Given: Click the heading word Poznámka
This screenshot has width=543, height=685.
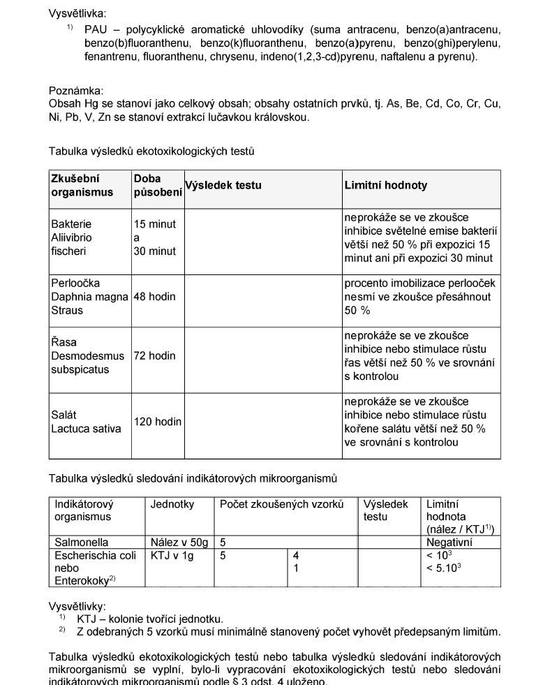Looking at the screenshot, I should [x=76, y=91].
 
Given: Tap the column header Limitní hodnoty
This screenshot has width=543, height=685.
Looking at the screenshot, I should [x=385, y=186].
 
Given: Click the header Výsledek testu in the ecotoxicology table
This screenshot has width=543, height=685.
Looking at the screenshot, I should [x=223, y=186].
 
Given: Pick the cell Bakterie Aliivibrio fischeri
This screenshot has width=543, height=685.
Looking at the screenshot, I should [x=71, y=237].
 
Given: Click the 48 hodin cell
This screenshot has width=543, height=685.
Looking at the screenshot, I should [x=155, y=297].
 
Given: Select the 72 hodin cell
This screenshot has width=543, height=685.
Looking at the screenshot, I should [x=155, y=356].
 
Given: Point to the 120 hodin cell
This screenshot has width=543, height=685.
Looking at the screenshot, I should [x=158, y=422].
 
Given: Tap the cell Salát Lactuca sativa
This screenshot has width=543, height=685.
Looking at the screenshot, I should [x=85, y=422].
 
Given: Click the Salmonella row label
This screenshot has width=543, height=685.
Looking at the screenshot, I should [x=82, y=542].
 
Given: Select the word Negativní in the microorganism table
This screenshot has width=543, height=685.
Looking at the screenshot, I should [x=449, y=542].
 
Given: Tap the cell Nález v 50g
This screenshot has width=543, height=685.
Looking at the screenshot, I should [x=179, y=542].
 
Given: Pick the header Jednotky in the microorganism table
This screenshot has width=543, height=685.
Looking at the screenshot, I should [x=172, y=504].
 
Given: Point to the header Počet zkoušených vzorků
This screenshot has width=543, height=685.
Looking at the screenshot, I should [x=281, y=504].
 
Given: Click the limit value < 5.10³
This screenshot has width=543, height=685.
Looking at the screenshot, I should [x=444, y=568].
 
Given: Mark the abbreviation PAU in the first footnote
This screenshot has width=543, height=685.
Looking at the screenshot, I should [x=95, y=29].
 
